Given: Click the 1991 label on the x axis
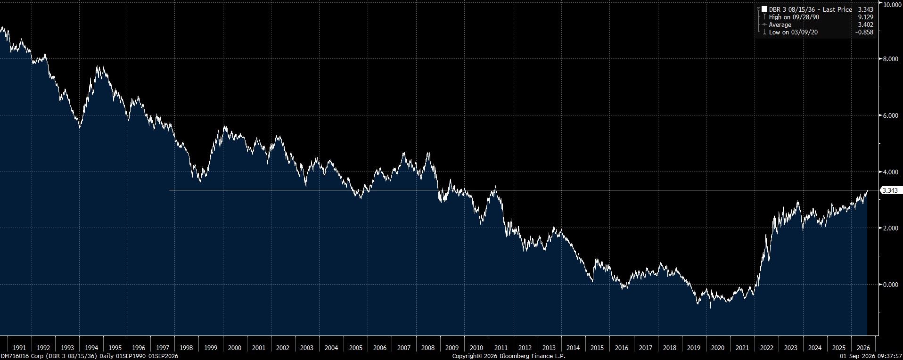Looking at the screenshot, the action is (19, 348).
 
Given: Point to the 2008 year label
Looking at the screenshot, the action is (428, 348).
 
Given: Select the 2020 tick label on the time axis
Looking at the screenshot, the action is (718, 348).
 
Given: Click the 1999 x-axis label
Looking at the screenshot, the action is (211, 348).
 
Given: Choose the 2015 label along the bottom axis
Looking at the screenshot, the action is (597, 348).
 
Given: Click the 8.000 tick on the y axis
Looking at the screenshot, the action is (890, 59).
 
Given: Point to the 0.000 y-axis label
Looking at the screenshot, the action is (890, 285).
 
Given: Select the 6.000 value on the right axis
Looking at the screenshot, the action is (890, 115).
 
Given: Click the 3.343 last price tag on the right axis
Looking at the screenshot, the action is (890, 190).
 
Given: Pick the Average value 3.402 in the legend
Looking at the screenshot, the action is (866, 25).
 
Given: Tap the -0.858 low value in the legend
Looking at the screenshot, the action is (865, 32).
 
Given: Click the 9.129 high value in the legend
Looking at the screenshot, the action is (866, 17).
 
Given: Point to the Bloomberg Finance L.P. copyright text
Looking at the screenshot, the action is (509, 356).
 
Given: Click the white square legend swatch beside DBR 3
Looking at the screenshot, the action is (764, 9).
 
